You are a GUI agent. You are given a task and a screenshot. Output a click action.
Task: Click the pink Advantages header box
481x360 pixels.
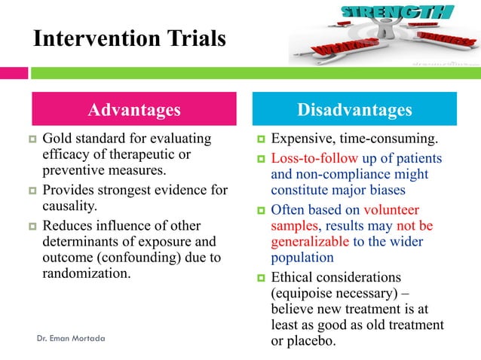pos(134,110)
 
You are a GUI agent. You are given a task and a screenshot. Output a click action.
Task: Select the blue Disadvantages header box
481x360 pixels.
pos(354,110)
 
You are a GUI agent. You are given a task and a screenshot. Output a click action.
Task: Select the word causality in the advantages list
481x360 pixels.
pos(71,205)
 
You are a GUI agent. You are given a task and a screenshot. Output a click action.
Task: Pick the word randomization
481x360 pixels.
pos(87,273)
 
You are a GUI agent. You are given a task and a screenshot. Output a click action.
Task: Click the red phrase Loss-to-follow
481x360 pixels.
pos(314,159)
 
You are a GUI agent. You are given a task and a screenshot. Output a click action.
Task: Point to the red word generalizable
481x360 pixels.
pos(310,243)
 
